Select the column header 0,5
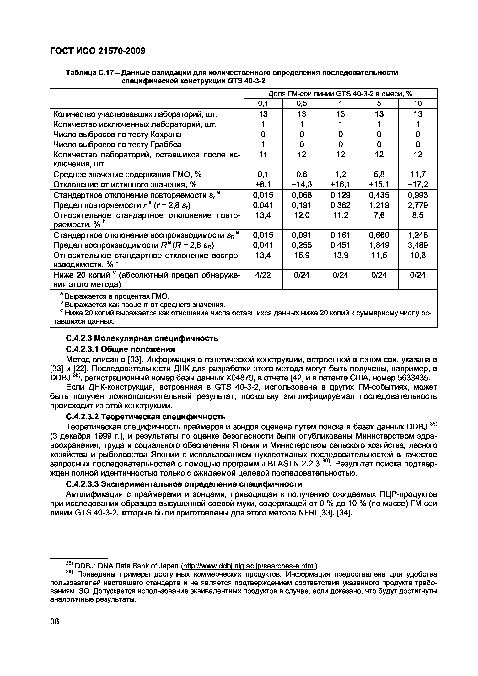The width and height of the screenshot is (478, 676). (x=301, y=103)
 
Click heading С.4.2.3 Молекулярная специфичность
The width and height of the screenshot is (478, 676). (x=142, y=339)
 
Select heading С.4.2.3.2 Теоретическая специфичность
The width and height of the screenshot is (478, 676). (x=146, y=417)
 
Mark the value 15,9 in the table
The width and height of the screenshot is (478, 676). (x=301, y=255)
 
